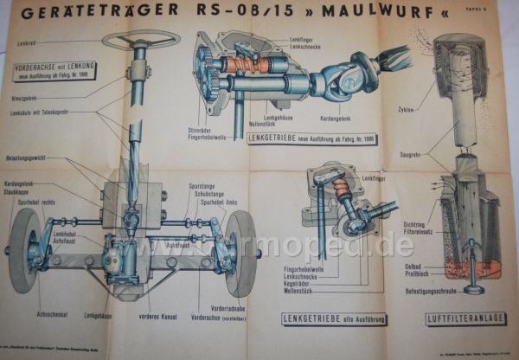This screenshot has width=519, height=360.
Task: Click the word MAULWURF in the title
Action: (x=353, y=13)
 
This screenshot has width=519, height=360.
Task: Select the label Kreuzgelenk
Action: (x=35, y=98)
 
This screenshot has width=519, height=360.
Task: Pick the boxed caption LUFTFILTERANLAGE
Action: (x=465, y=318)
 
